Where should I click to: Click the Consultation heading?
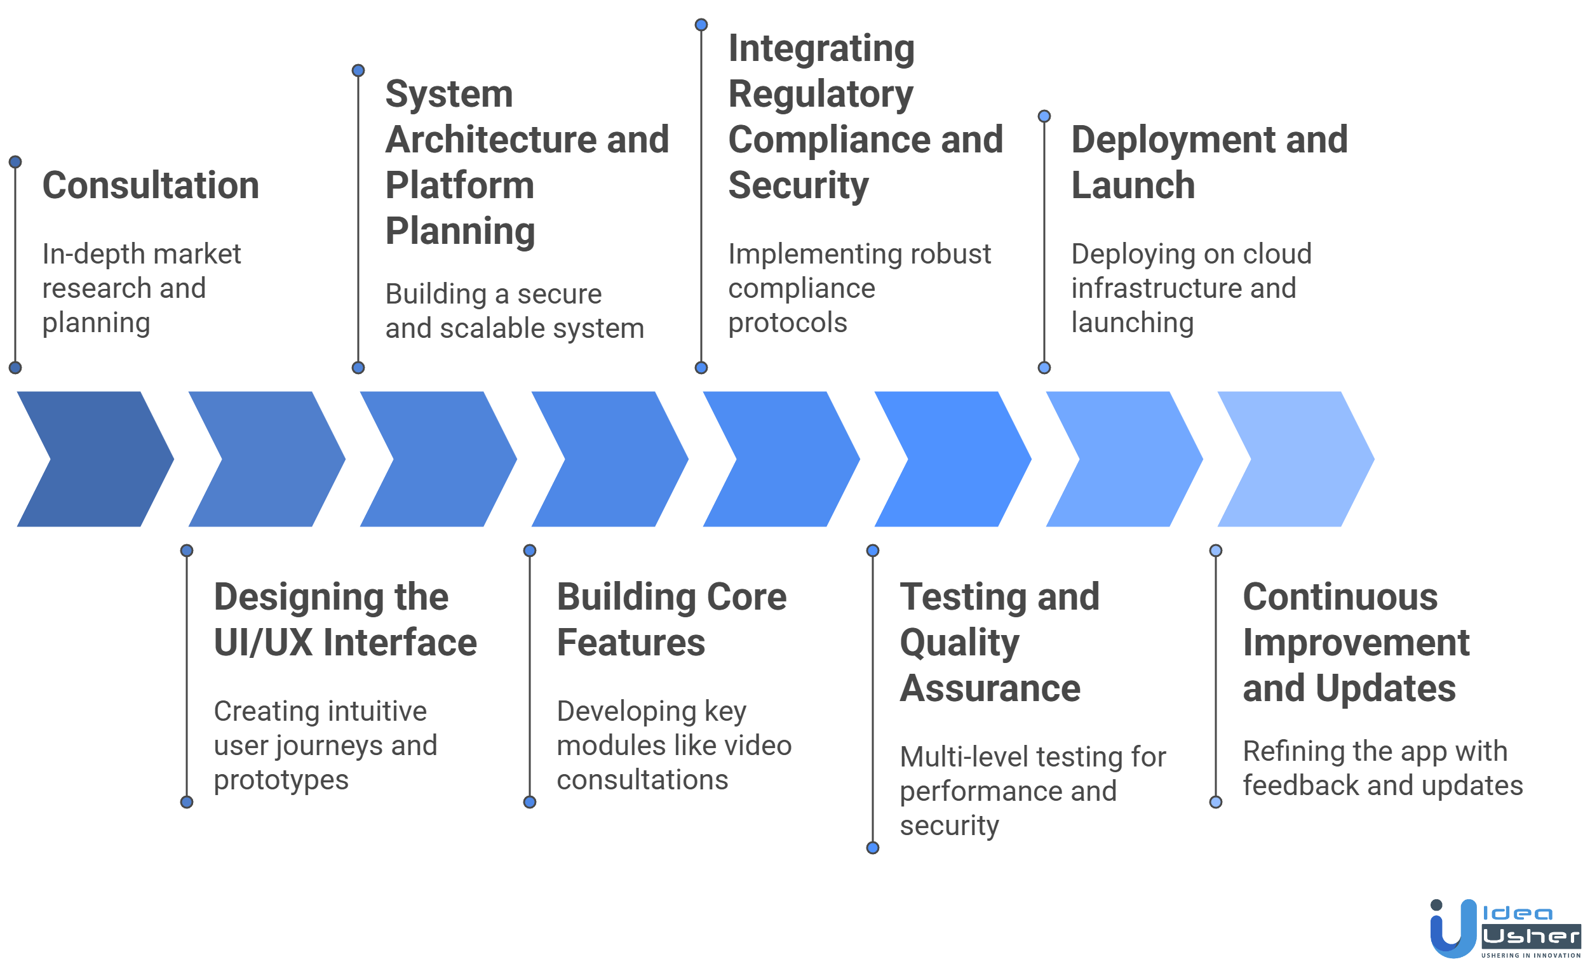[151, 185]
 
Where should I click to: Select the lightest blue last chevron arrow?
[1296, 459]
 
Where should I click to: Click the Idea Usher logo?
[1504, 928]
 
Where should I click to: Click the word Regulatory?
[820, 94]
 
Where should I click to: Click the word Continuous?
[1340, 597]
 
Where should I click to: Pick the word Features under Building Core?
[630, 643]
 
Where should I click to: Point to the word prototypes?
[281, 780]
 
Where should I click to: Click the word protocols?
[787, 323]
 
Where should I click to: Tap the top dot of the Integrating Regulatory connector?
[701, 25]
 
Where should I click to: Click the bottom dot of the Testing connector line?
[872, 848]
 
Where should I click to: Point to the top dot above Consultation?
[15, 162]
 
